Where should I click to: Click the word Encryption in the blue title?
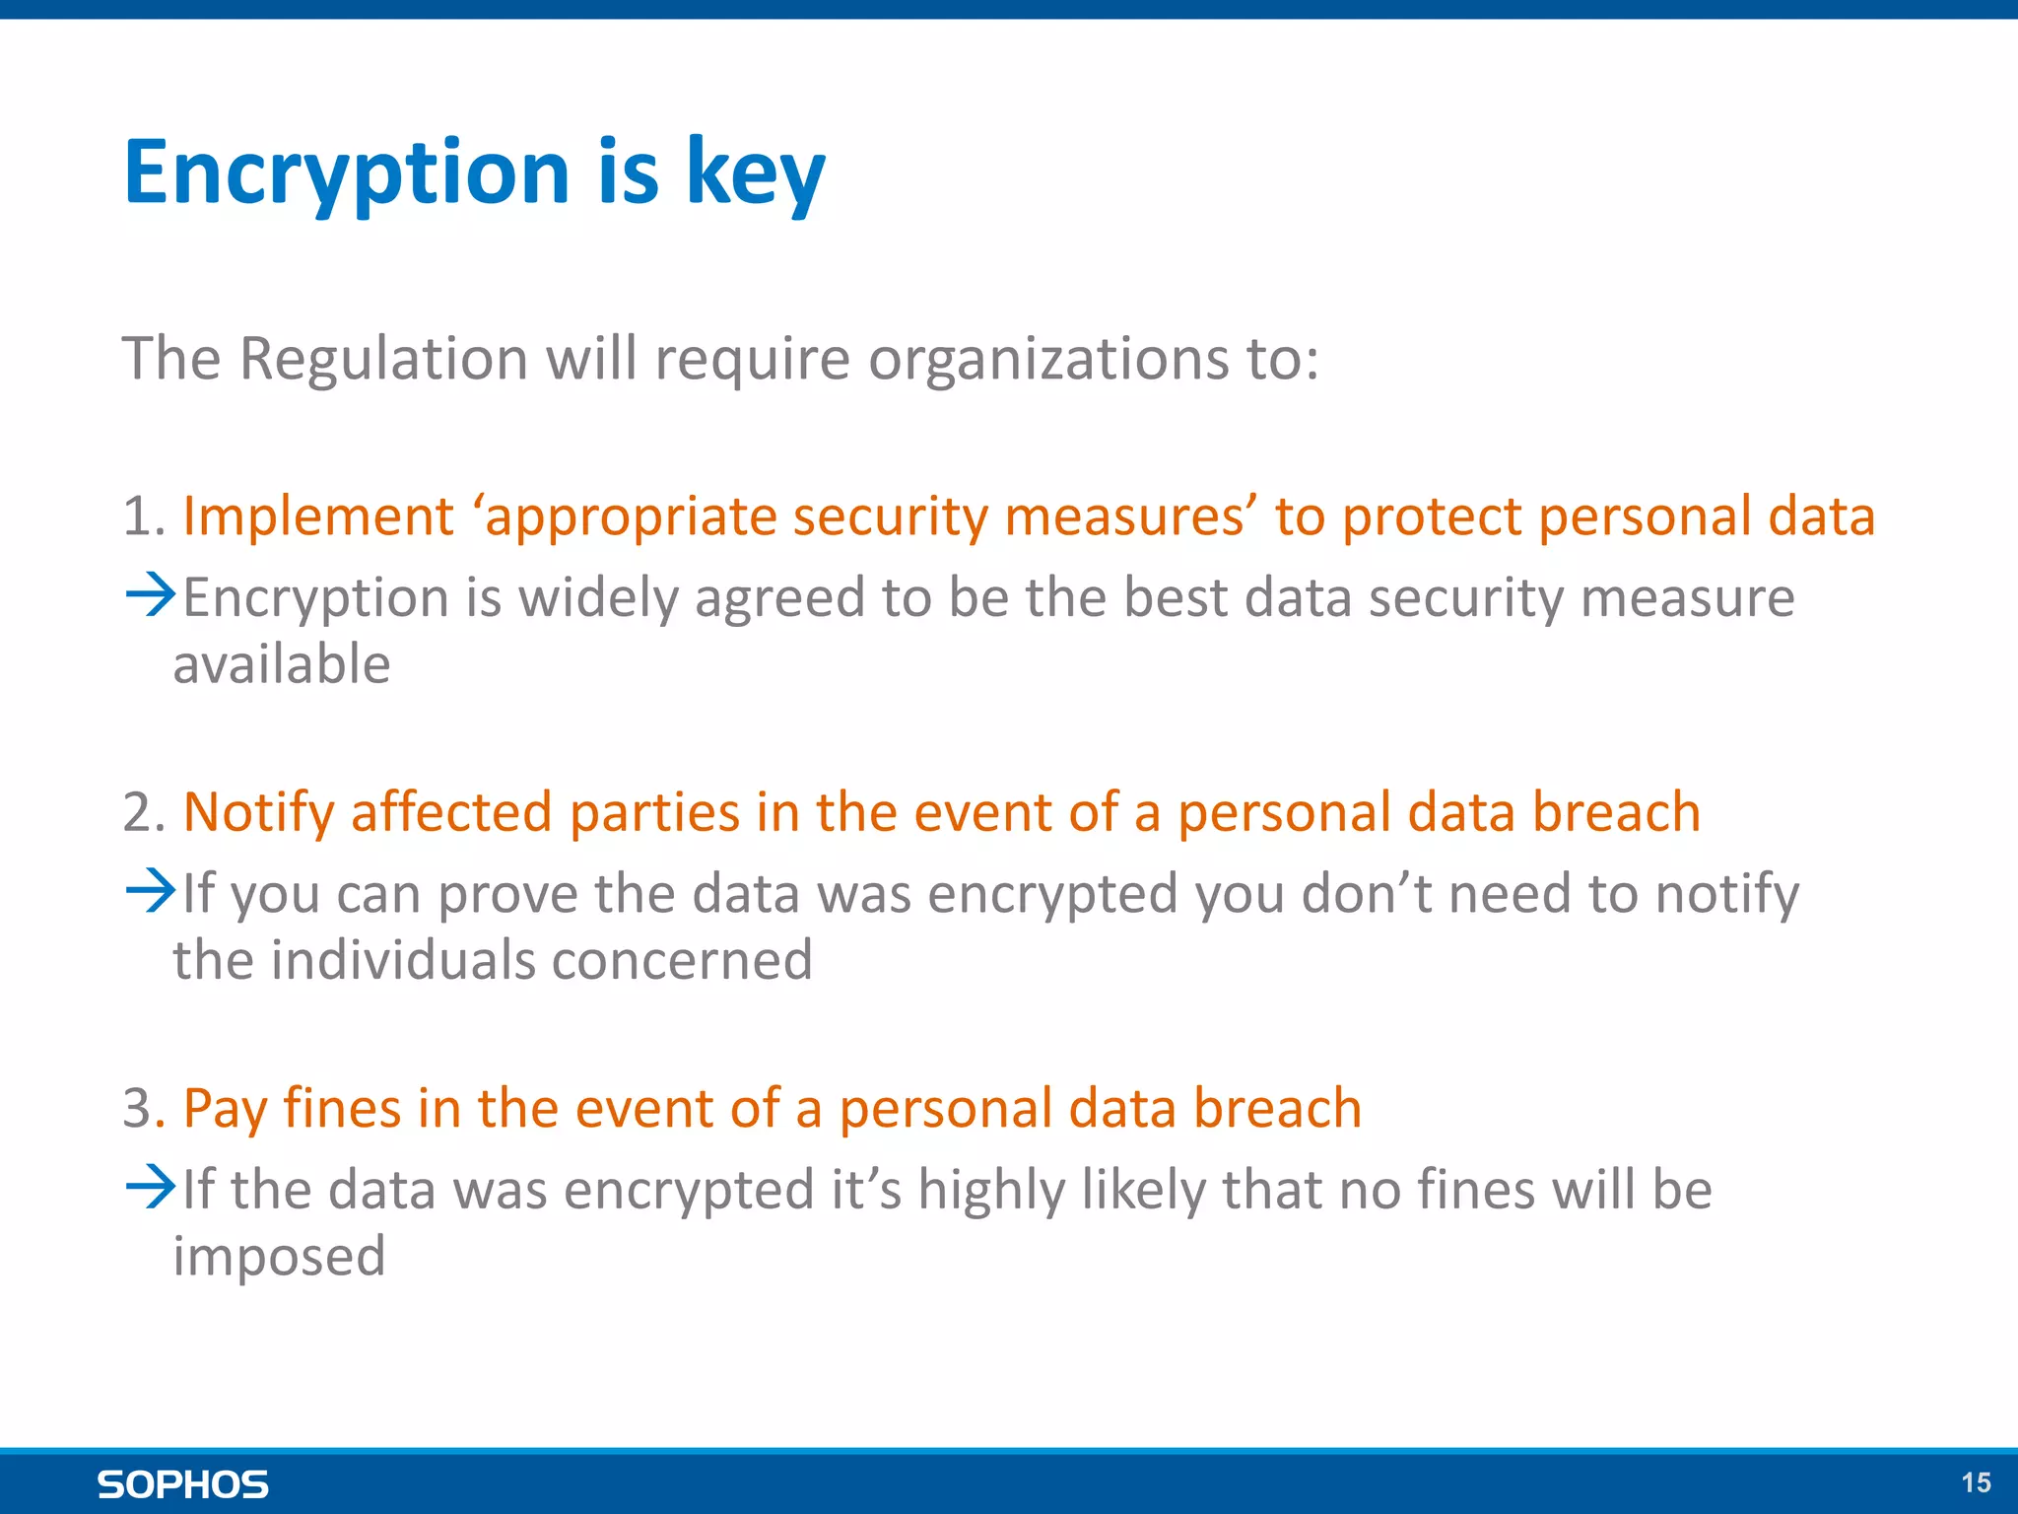[346, 173]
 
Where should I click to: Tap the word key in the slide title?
[755, 173]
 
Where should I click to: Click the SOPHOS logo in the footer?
[183, 1484]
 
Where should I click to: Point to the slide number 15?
[1976, 1482]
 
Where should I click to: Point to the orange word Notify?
[259, 814]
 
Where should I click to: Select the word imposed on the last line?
[279, 1258]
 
